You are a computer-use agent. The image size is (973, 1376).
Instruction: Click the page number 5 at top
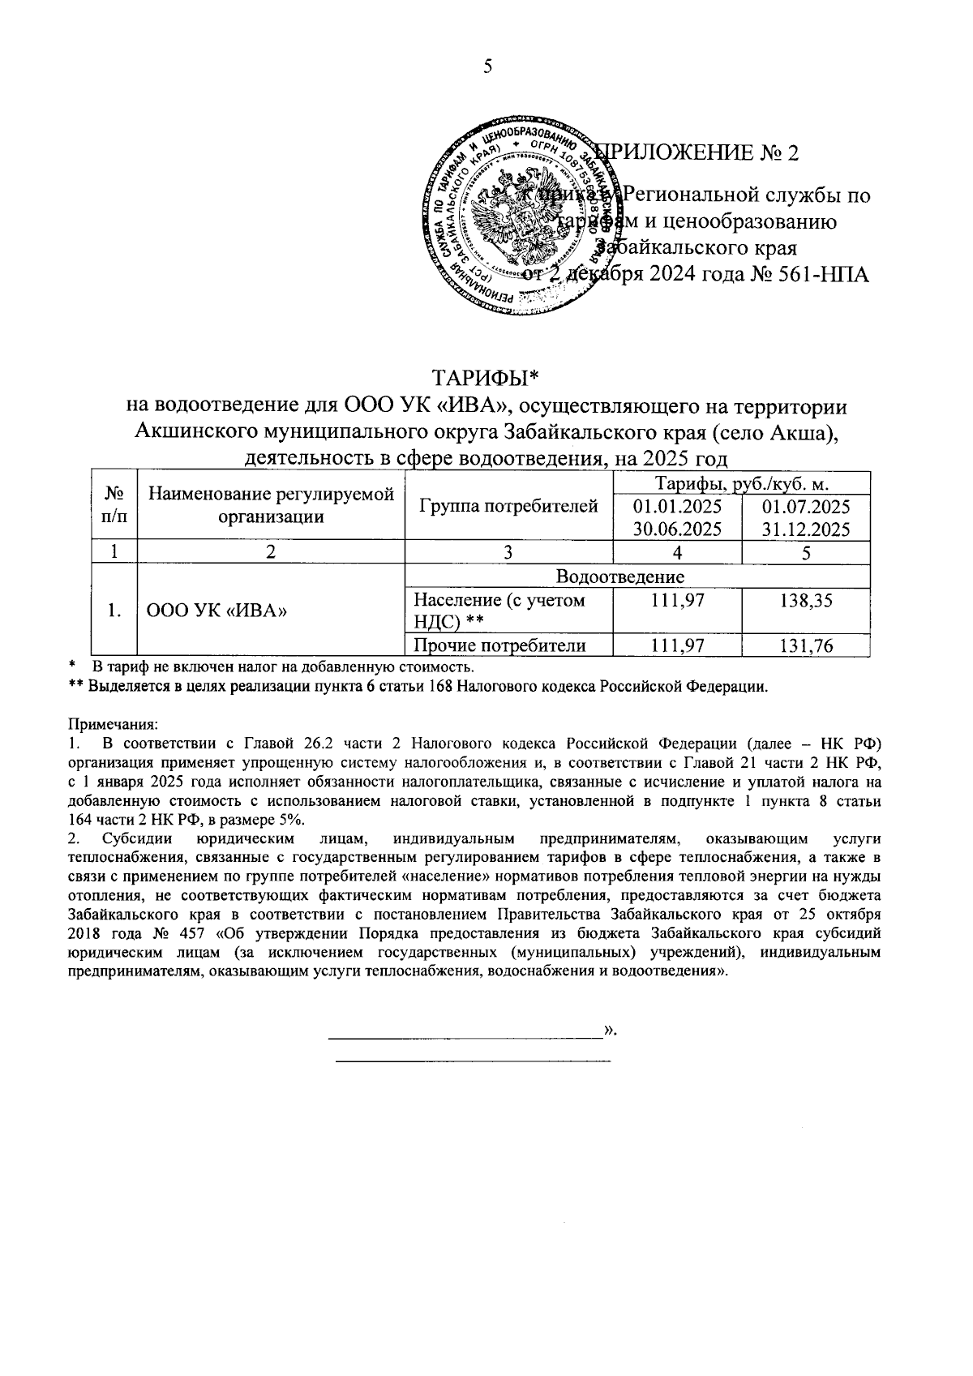(487, 66)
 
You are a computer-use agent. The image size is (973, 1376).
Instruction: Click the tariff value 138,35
(806, 601)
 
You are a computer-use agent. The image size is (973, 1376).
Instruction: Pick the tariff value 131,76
(806, 645)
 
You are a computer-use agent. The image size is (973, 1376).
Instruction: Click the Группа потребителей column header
(508, 507)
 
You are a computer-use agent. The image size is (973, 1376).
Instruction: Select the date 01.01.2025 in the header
(677, 507)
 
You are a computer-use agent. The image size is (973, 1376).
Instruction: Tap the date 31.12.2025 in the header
(806, 530)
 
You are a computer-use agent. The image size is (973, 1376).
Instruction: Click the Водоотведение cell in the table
(637, 577)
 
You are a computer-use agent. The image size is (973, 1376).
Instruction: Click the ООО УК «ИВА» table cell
(217, 611)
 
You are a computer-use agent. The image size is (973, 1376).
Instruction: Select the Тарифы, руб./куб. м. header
(741, 484)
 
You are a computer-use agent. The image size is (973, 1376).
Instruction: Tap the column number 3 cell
(508, 552)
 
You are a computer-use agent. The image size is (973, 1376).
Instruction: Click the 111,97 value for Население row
(677, 601)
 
